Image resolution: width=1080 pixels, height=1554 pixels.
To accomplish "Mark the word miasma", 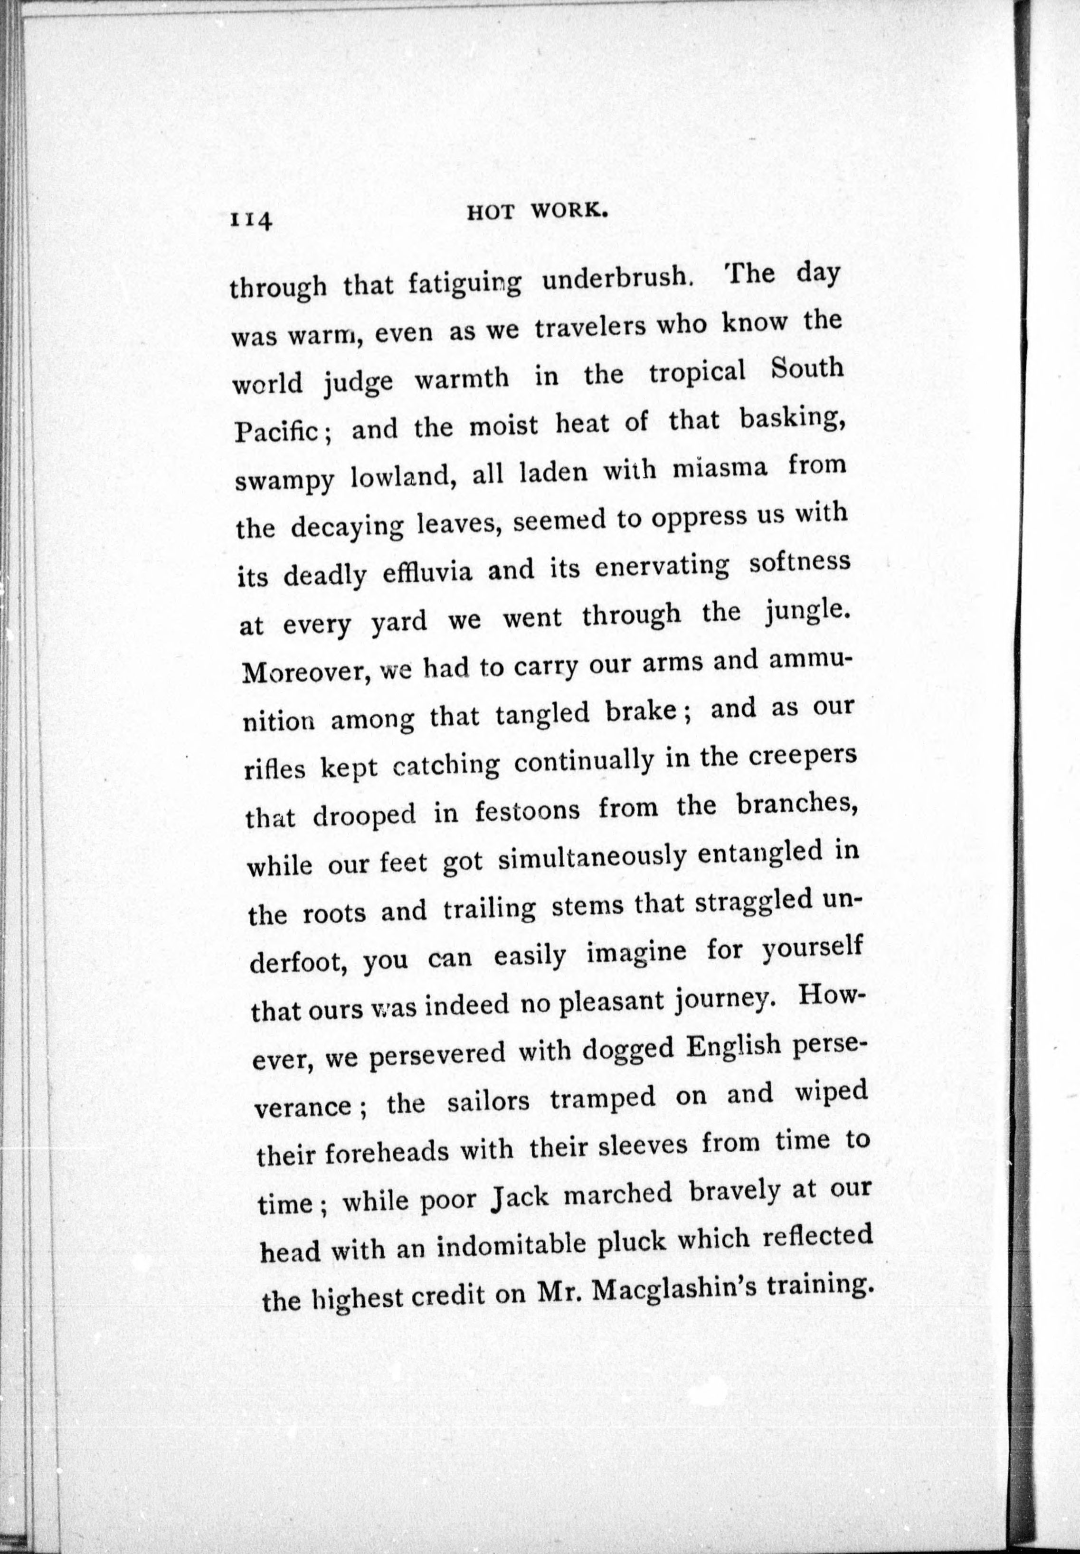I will tap(720, 470).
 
